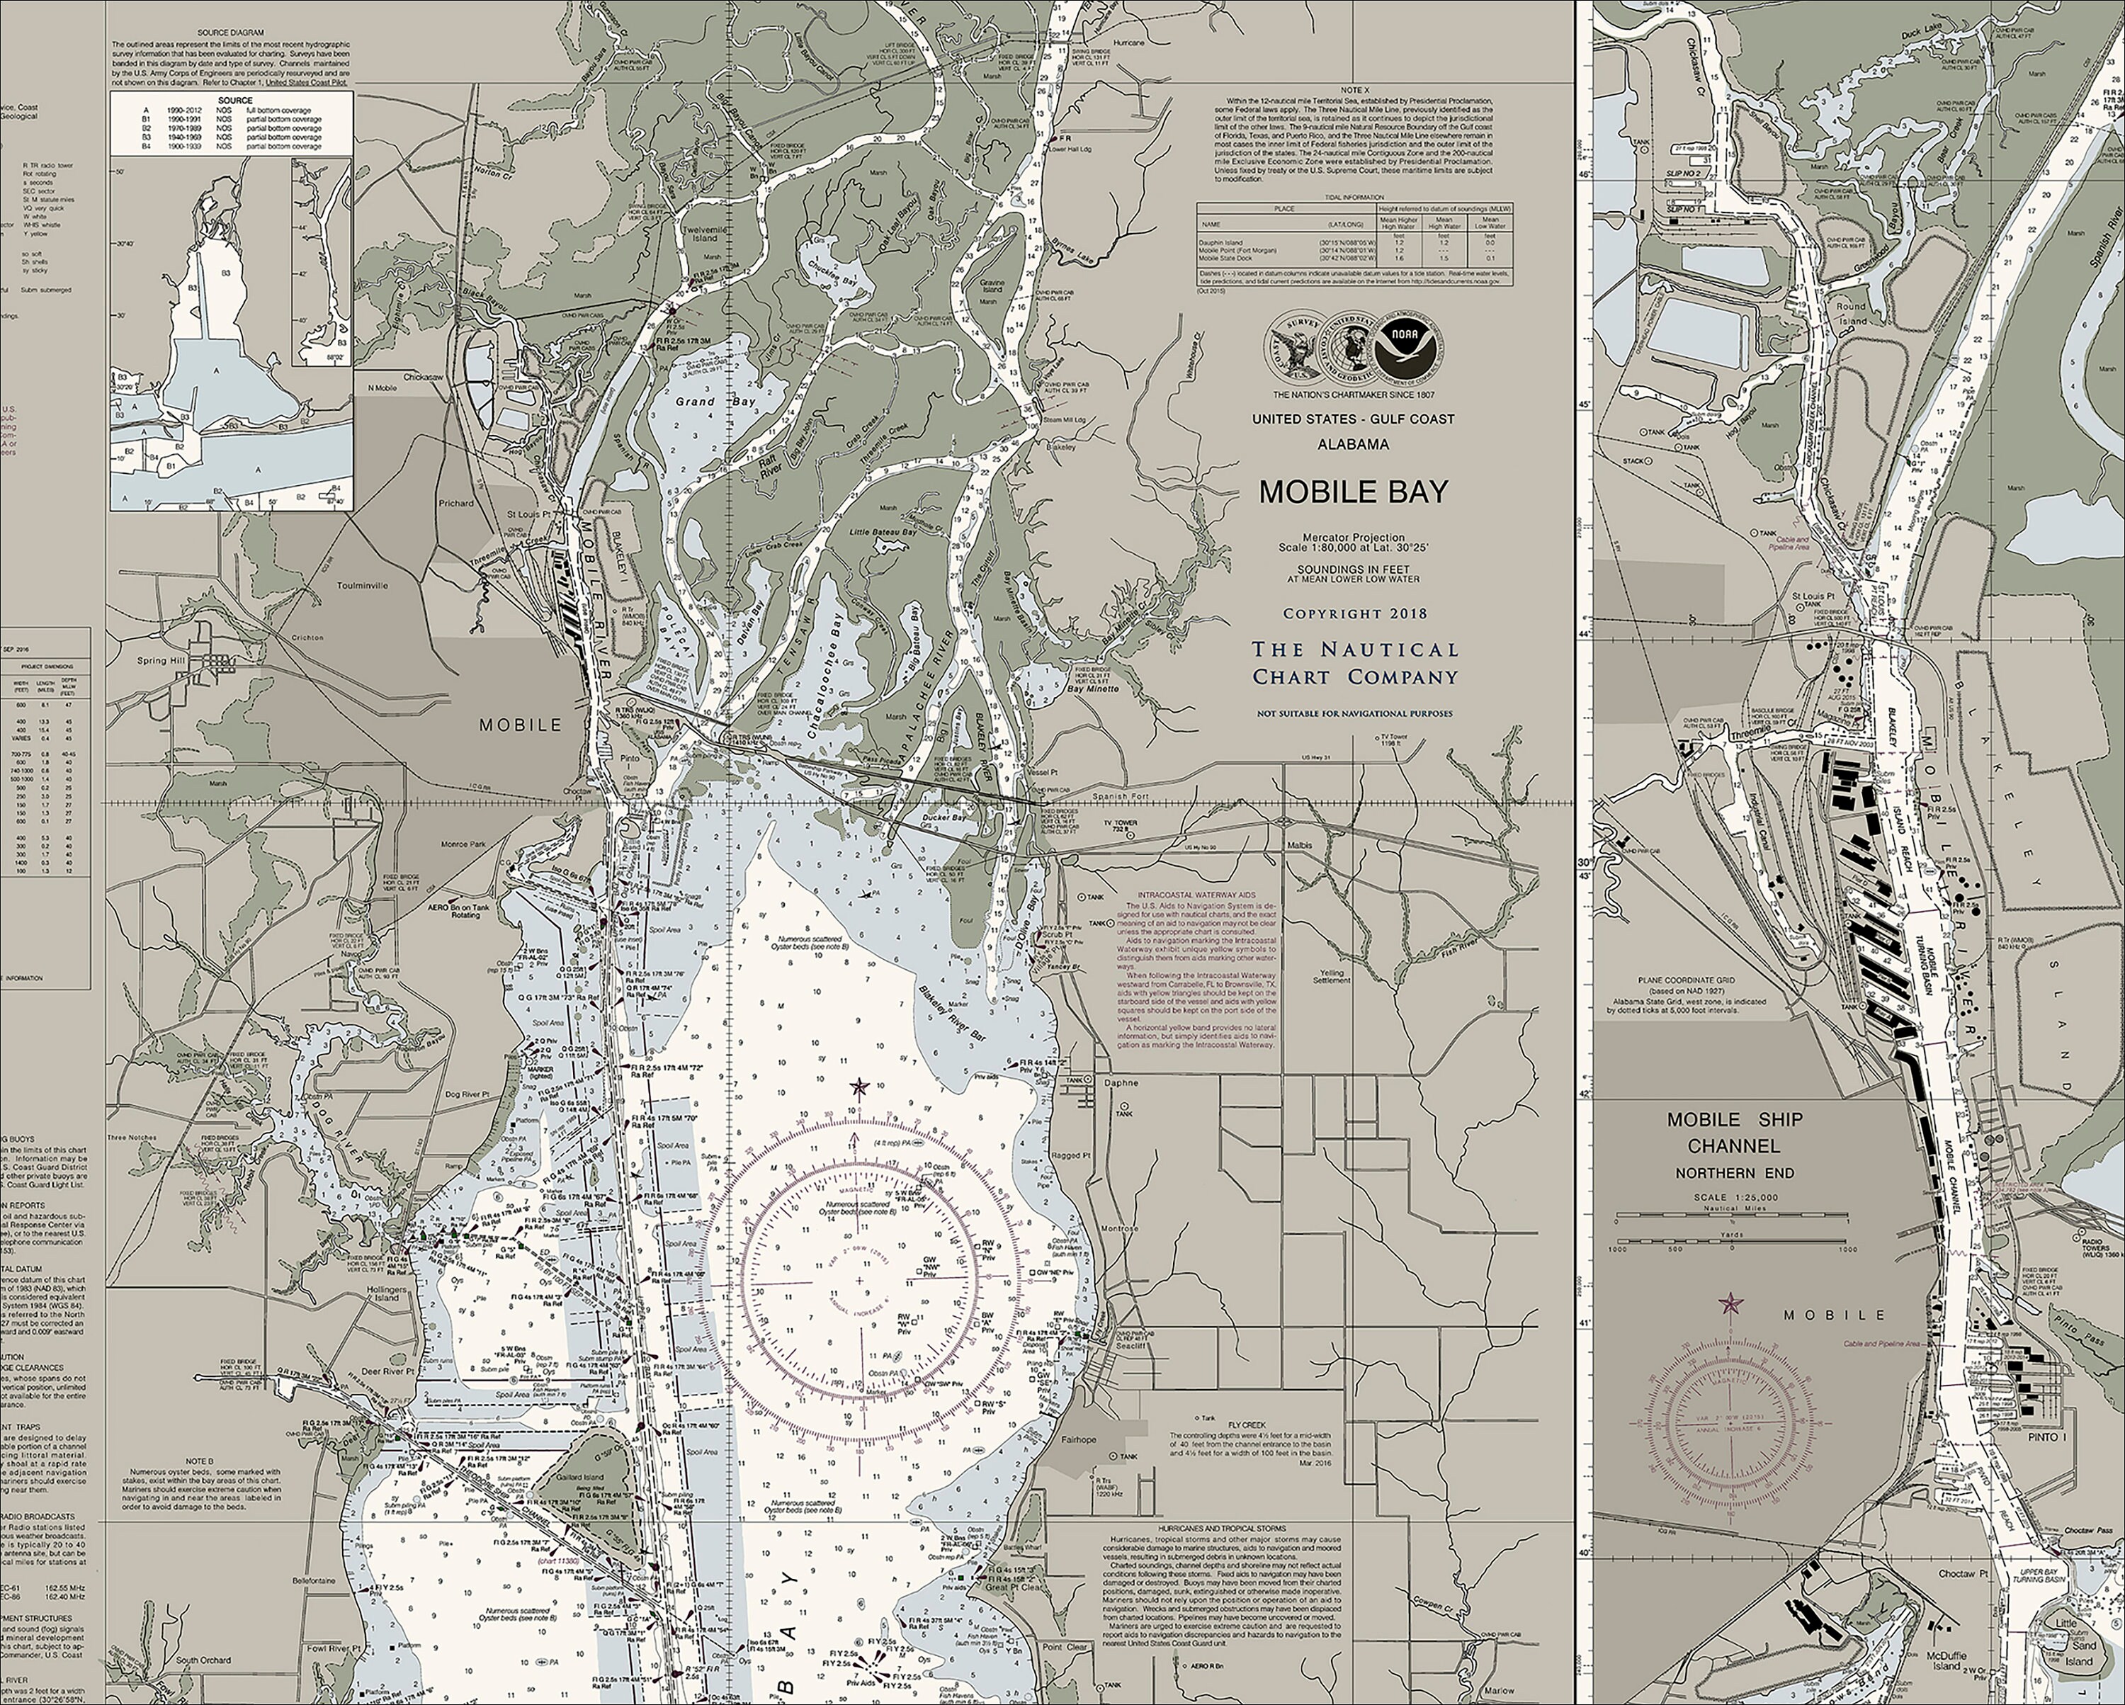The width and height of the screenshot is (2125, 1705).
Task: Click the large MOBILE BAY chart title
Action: pos(1352,492)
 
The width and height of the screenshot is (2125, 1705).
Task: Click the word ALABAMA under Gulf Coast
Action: pos(1352,444)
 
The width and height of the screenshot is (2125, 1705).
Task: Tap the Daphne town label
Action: pos(1121,1082)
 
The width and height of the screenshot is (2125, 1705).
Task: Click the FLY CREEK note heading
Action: pos(1246,1424)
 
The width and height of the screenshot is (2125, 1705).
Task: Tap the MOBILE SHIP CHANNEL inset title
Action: pos(1735,1133)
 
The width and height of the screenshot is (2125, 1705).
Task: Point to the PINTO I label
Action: pos(2039,1438)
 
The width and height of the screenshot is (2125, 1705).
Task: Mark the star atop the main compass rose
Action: pos(858,1087)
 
